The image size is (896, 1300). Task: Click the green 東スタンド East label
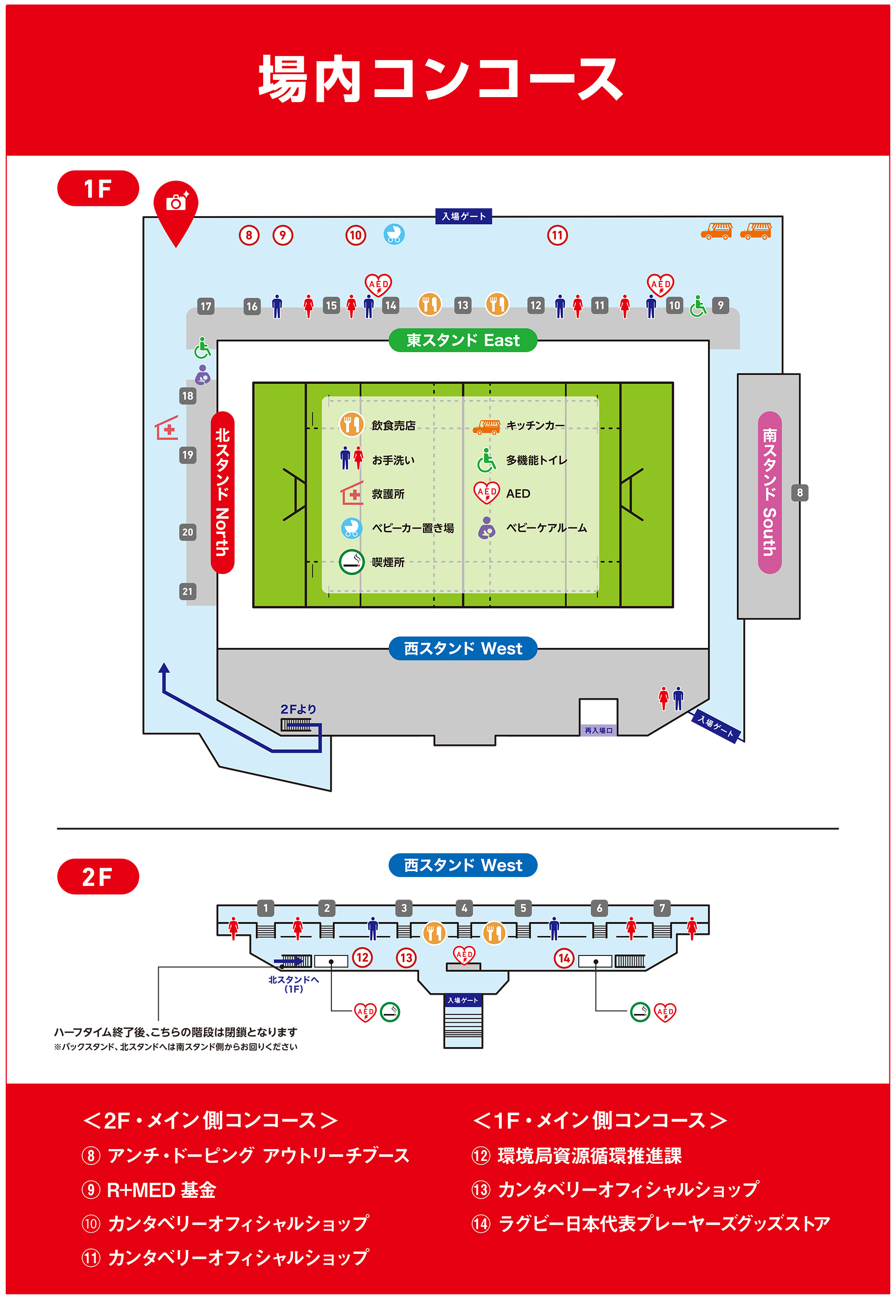tap(462, 340)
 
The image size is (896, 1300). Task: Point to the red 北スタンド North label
tap(222, 492)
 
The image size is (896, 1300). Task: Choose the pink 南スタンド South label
tap(770, 492)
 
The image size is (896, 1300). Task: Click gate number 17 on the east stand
tap(206, 306)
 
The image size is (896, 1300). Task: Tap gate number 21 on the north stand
tap(188, 591)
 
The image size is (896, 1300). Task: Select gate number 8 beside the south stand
tap(800, 492)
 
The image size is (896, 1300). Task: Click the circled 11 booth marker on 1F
tap(558, 235)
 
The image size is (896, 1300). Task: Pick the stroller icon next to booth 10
tap(394, 234)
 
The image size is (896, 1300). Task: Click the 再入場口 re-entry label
tap(598, 730)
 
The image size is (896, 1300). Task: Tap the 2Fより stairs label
tap(298, 709)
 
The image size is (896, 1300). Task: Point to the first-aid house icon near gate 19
tap(167, 428)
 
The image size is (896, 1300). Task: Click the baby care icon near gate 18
tap(203, 374)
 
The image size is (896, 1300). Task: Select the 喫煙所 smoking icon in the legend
tap(352, 562)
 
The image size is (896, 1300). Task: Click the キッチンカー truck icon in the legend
tap(486, 427)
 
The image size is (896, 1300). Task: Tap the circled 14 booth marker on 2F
tap(564, 958)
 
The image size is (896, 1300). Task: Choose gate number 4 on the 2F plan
tap(464, 908)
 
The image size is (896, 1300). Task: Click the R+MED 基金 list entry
tap(149, 1190)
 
